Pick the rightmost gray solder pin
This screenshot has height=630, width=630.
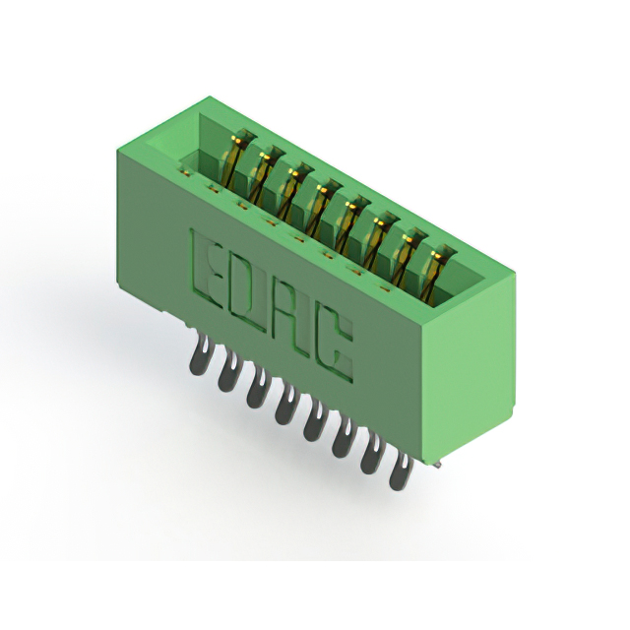pos(401,471)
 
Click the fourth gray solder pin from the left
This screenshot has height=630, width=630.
pos(286,405)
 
